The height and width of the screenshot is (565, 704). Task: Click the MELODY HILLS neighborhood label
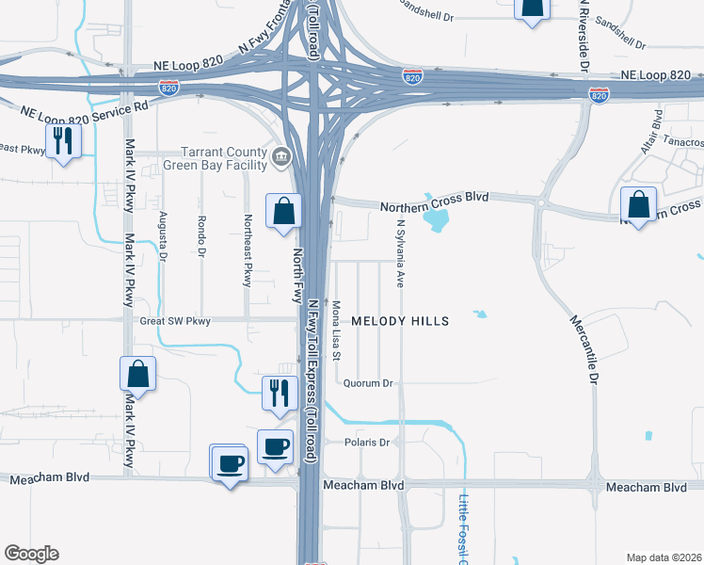(400, 321)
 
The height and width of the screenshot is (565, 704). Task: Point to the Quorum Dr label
(367, 383)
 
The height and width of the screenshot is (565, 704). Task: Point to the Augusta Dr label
(163, 235)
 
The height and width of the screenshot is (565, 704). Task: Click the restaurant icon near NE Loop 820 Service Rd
(63, 141)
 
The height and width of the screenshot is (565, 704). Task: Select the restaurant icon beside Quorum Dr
(279, 392)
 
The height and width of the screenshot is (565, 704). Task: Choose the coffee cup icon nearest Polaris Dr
(275, 446)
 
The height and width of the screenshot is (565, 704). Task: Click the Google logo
(31, 554)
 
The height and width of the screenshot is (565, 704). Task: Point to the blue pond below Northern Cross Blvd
(436, 220)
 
